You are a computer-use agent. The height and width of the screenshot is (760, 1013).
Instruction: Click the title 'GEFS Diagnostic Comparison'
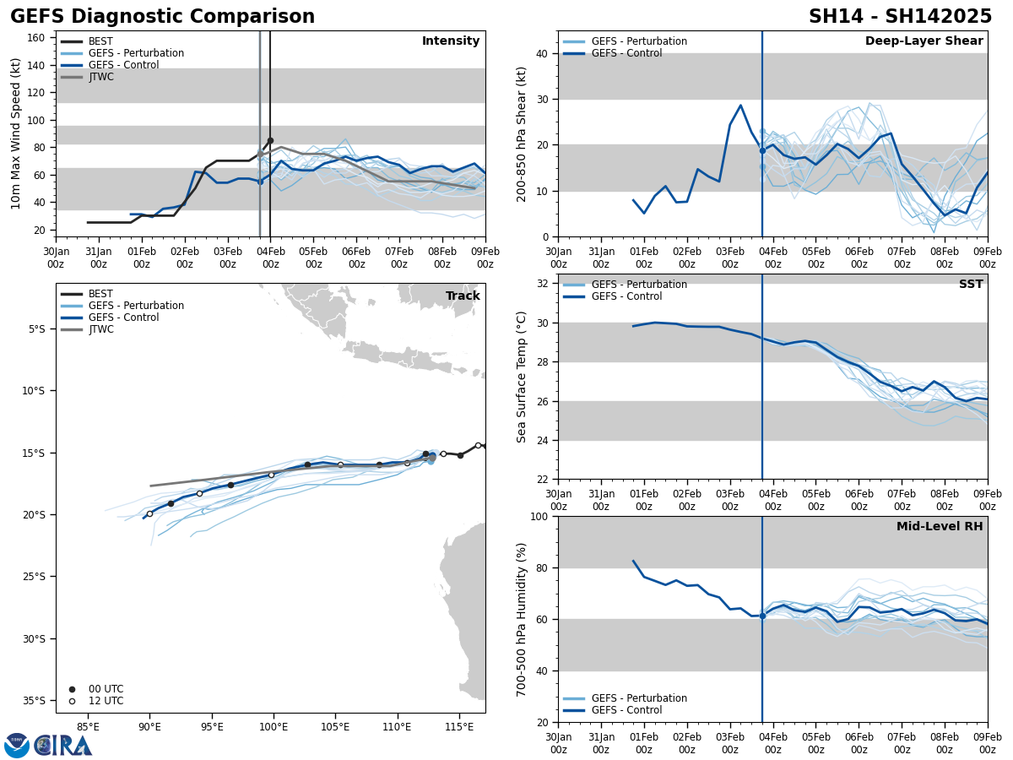pos(162,17)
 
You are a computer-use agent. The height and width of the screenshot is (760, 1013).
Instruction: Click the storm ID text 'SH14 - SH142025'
pos(900,17)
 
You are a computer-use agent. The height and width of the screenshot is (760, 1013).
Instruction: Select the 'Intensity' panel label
pos(450,41)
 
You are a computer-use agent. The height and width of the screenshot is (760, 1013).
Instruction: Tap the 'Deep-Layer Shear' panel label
pos(924,41)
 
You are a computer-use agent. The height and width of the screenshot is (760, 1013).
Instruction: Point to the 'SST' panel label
pos(971,285)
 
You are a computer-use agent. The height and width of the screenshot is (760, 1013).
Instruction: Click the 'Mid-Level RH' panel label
pos(940,527)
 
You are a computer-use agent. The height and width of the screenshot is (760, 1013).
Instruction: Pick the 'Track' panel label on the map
pos(463,296)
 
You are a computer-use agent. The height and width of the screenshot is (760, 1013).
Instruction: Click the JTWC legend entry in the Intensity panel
pos(100,77)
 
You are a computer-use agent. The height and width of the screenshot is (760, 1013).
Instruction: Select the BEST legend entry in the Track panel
pos(100,294)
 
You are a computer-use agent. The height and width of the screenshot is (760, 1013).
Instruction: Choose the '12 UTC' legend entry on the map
pos(106,701)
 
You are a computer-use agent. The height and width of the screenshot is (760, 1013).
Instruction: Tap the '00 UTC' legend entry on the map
pos(106,689)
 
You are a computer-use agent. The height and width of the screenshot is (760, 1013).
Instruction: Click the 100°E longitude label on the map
pos(274,726)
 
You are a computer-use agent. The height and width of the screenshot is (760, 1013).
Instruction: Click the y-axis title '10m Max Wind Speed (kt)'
pos(16,133)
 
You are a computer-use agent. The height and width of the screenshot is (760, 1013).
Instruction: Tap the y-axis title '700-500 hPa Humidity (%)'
pos(522,619)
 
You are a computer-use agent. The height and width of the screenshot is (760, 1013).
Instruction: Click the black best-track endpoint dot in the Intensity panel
pos(270,140)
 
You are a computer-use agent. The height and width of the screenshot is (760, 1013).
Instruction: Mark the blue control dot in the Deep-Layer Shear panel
pos(762,150)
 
